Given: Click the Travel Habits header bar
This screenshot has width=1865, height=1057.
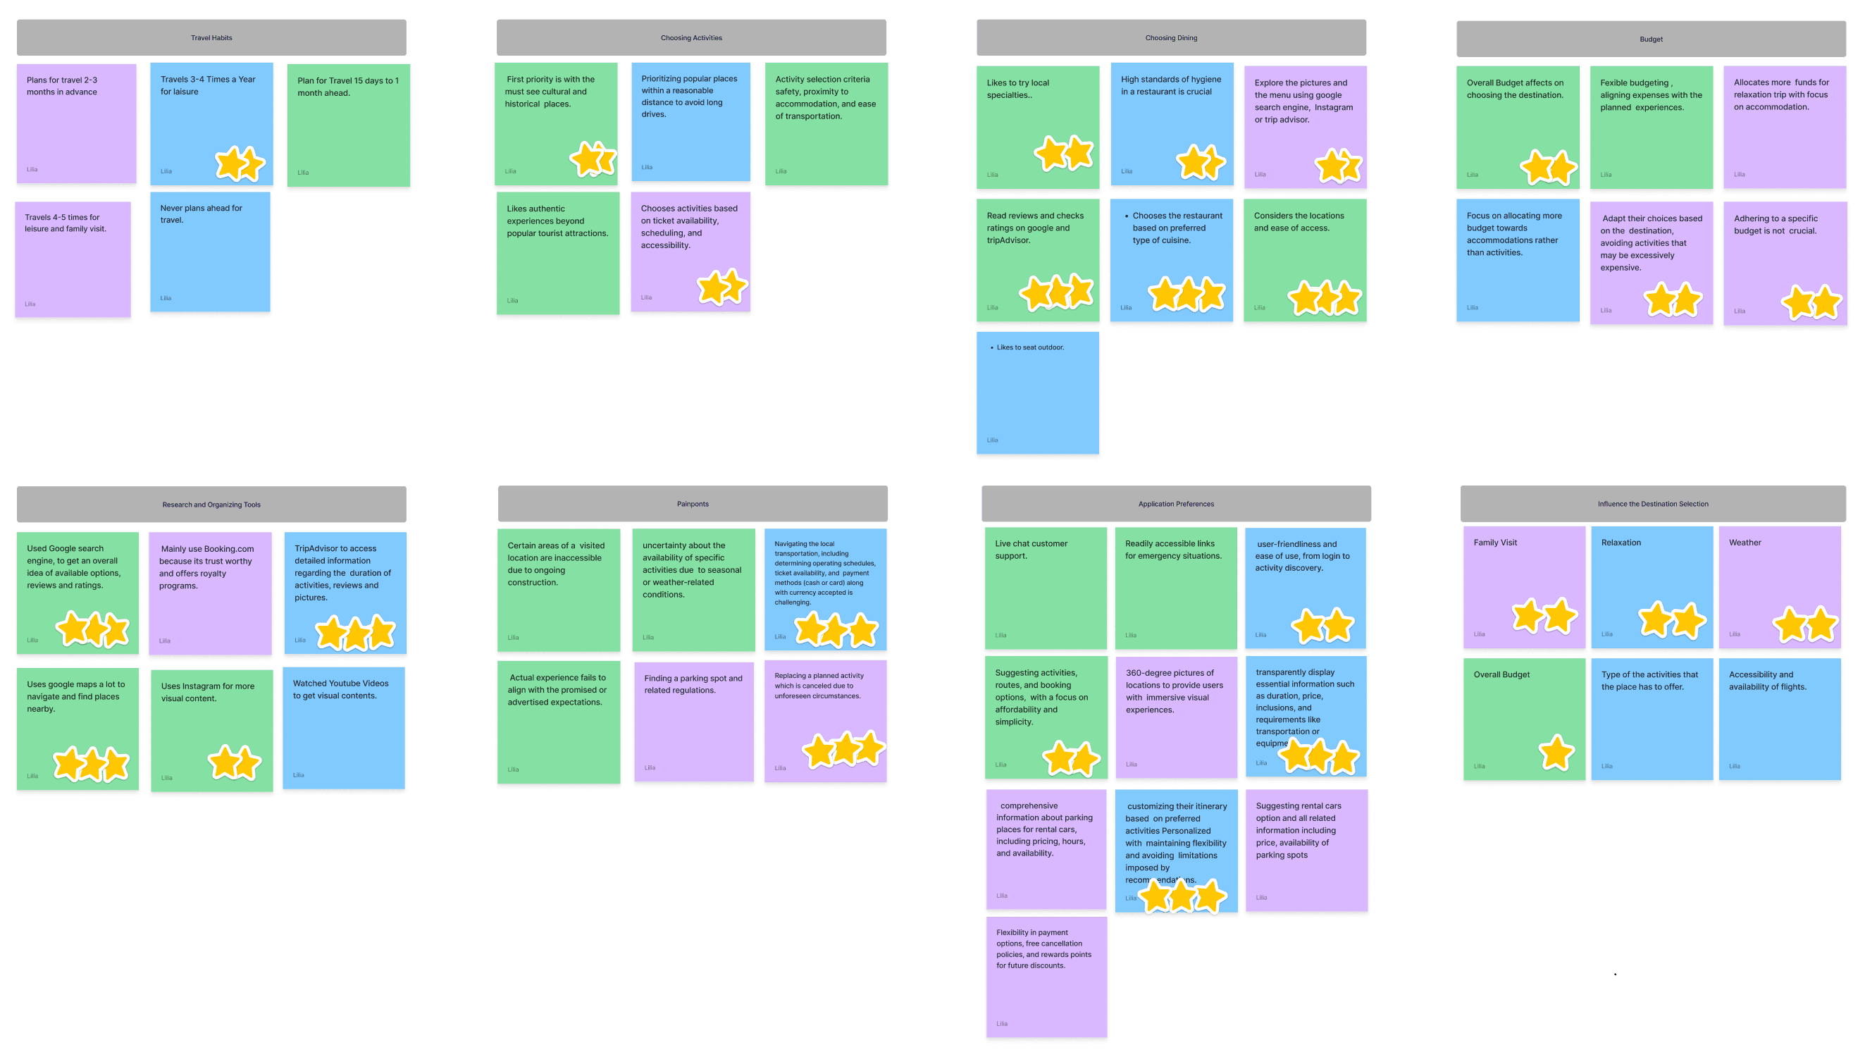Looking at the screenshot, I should [211, 38].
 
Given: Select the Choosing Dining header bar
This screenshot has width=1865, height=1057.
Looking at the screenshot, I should [1170, 38].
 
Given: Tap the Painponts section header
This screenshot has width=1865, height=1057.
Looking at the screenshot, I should [693, 504].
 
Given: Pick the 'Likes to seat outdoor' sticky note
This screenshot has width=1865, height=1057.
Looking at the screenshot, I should [1037, 392].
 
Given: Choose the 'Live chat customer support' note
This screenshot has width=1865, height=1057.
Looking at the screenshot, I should [1045, 588].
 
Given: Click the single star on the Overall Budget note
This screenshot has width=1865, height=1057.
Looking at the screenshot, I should [1556, 752].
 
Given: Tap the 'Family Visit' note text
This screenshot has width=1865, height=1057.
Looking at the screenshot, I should [1495, 543].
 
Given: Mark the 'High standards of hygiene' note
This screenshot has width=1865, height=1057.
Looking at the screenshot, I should [1170, 116].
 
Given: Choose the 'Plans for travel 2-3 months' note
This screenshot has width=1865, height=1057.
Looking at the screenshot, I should [76, 123].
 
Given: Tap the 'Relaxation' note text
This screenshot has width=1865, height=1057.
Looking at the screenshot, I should [1621, 543].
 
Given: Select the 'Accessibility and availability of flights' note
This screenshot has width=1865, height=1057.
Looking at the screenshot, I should [1778, 719].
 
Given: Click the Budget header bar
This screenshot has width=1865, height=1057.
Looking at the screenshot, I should [1650, 39].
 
